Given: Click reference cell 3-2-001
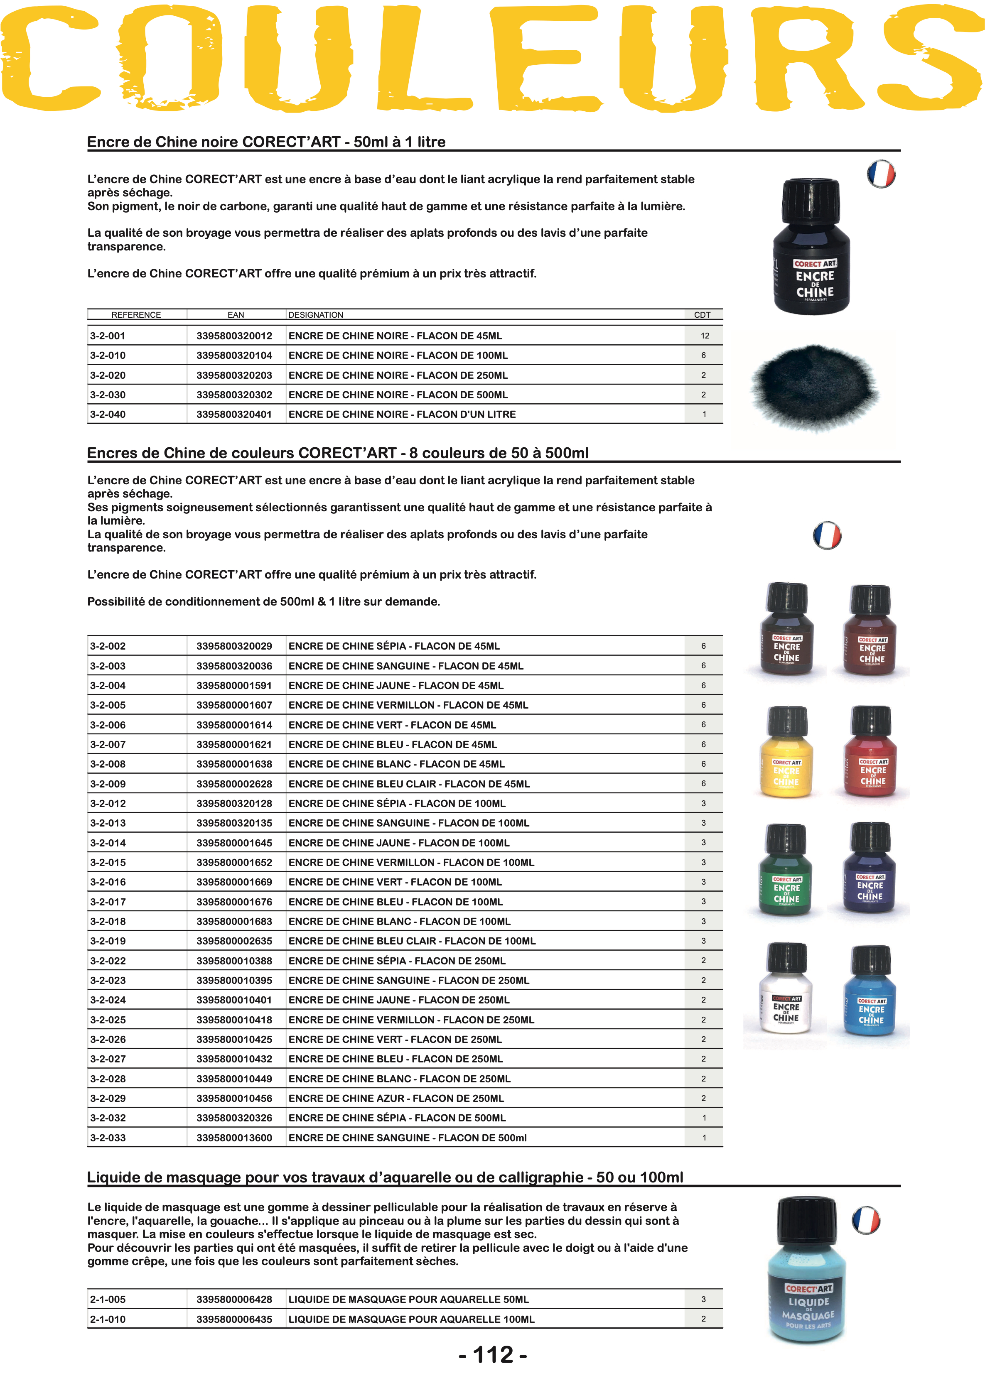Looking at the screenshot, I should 108,336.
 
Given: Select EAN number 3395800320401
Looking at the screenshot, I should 234,414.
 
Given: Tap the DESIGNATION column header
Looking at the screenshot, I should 316,315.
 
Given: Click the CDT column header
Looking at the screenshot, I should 702,315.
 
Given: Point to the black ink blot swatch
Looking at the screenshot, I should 814,387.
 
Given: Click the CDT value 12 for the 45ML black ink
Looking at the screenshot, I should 705,336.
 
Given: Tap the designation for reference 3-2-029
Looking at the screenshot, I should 396,1098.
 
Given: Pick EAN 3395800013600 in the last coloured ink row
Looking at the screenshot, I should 234,1138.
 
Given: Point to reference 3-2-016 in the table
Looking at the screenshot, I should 108,882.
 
